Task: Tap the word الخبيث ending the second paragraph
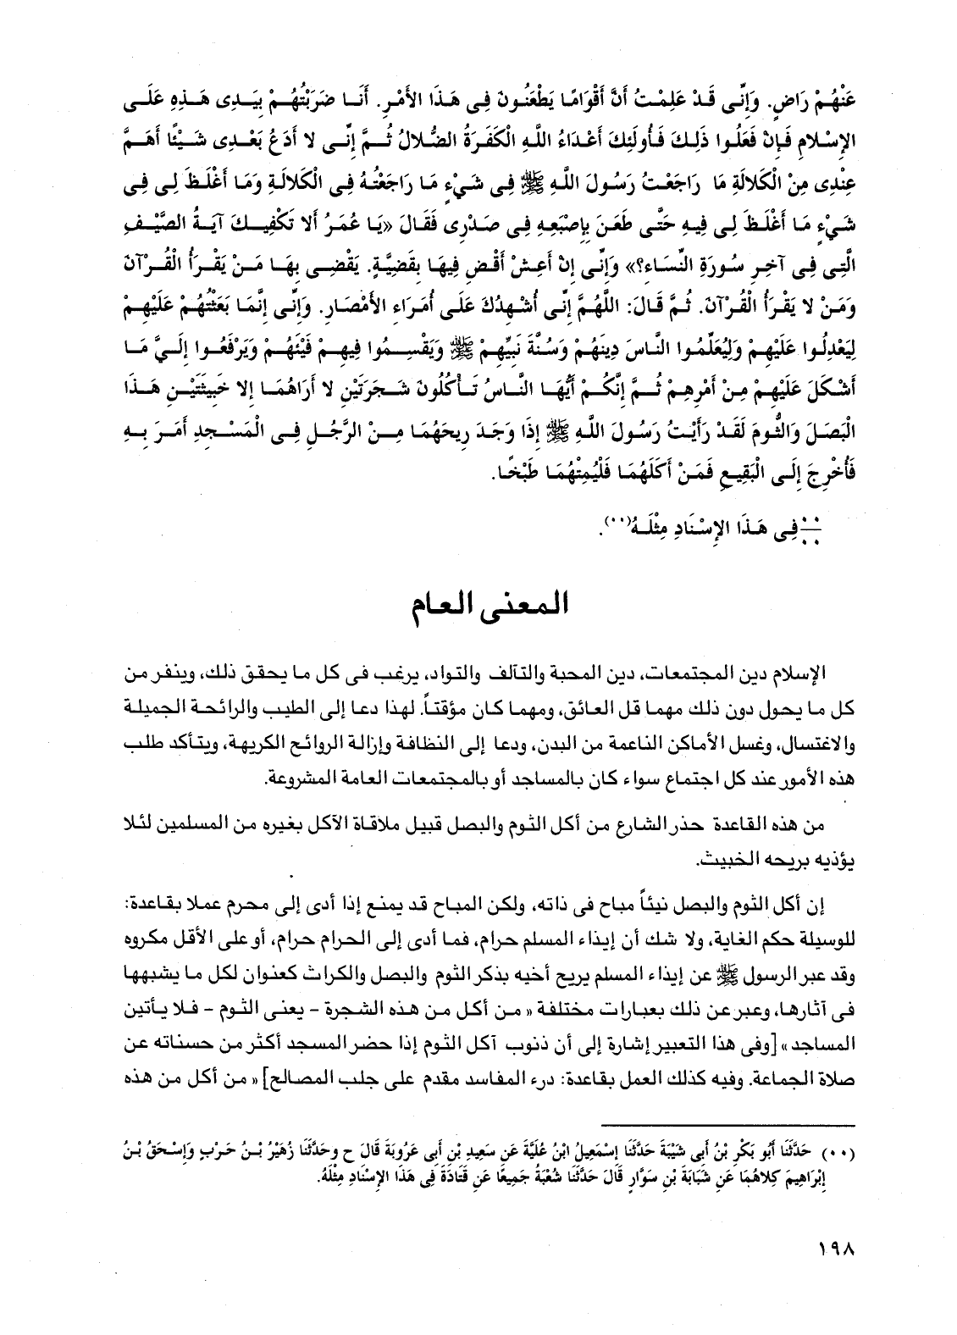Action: tap(729, 858)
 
